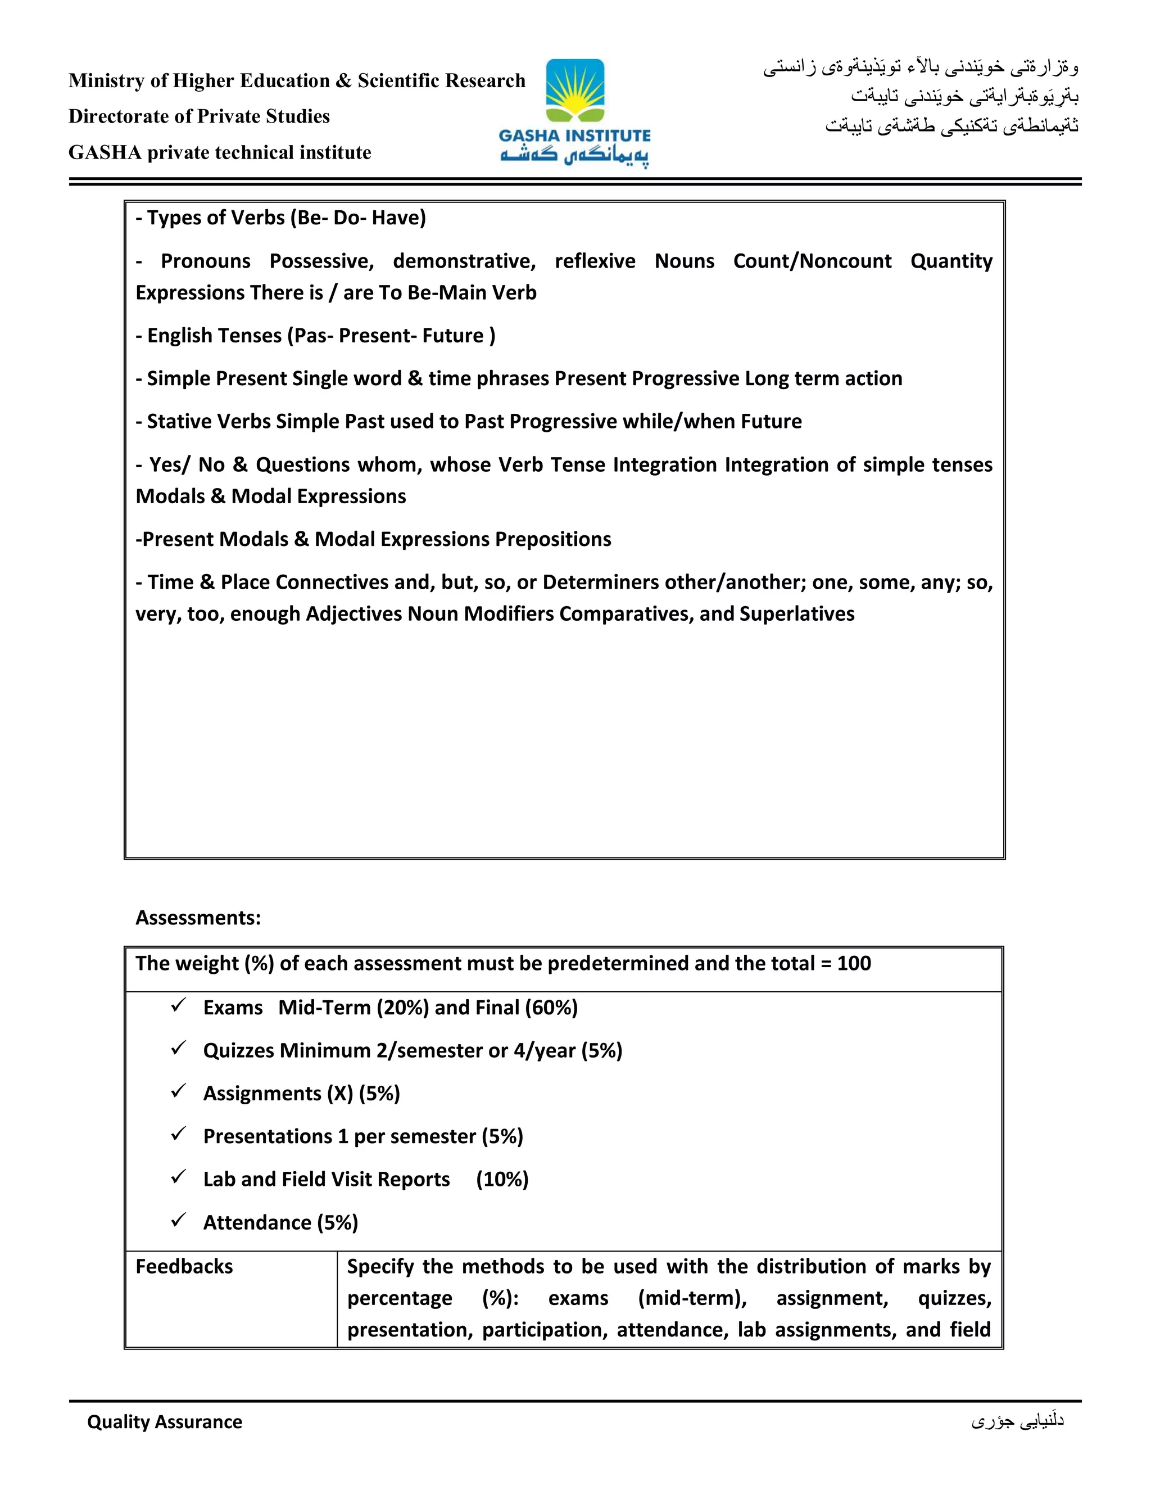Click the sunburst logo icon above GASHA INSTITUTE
575,91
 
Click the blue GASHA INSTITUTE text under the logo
575,136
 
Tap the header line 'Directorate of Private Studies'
199,116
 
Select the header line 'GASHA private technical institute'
220,152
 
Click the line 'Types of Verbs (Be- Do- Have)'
281,218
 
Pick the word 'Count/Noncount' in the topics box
812,261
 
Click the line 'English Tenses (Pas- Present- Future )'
316,336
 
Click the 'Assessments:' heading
198,918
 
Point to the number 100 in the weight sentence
854,963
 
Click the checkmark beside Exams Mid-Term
179,1006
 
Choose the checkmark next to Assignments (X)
179,1091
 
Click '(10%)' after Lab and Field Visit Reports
502,1180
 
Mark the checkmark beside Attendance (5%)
179,1221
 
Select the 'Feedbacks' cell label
184,1267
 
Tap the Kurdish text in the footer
1017,1421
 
